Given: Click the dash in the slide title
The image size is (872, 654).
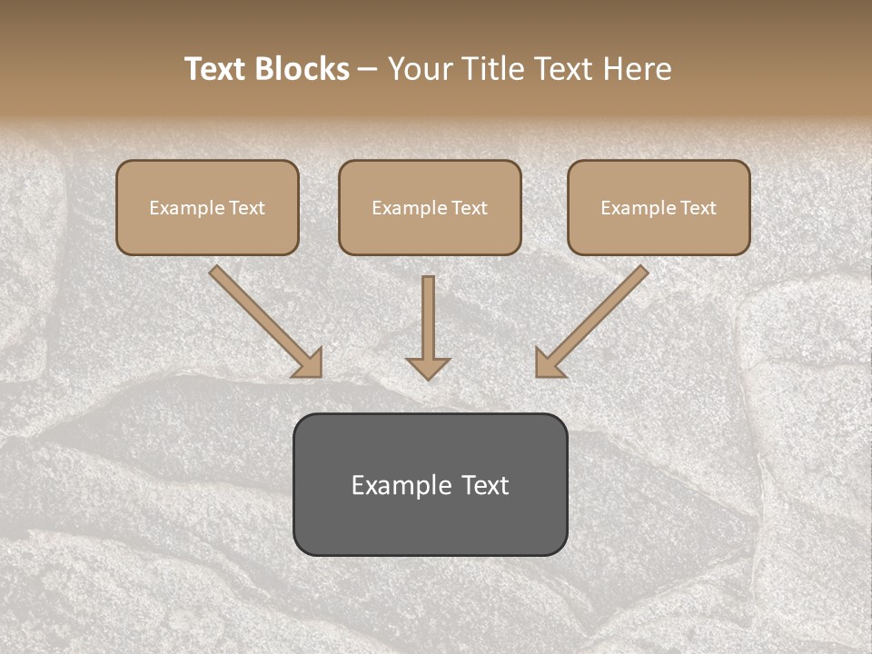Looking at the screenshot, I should click(368, 70).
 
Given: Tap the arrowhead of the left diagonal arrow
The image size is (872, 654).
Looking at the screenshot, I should click(309, 363).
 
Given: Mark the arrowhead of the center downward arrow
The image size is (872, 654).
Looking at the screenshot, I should click(428, 368).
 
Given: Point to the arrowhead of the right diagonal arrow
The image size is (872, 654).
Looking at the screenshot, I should click(549, 363).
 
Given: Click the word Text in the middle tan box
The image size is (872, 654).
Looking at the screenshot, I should click(470, 208).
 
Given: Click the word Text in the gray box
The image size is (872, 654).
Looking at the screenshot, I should click(486, 485).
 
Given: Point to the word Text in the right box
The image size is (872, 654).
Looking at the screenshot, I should click(699, 208).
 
